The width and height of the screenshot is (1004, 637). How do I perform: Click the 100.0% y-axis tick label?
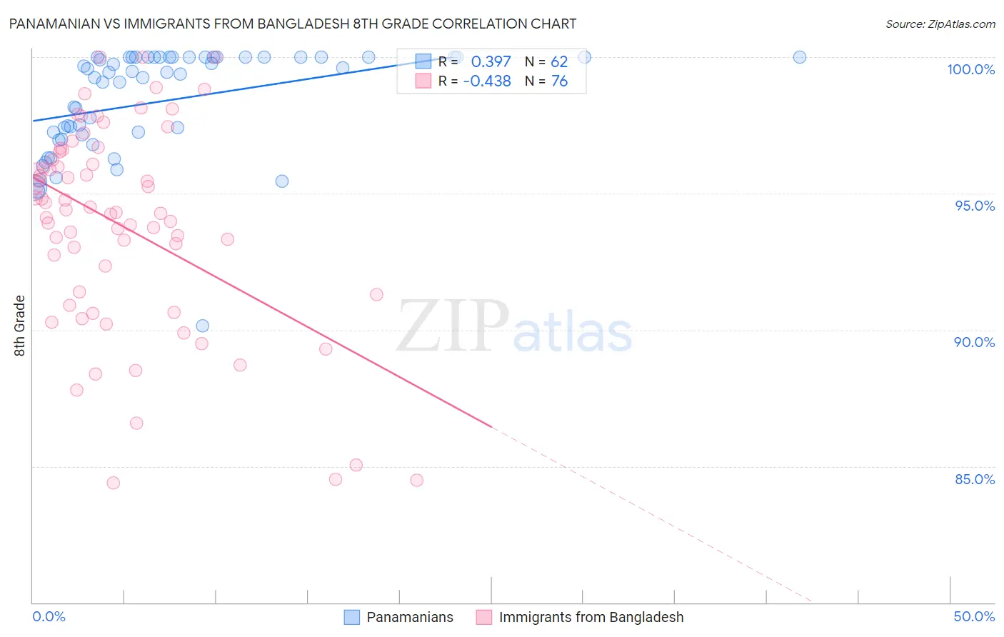pos(970,69)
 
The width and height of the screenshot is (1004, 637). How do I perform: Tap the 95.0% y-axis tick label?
pos(975,206)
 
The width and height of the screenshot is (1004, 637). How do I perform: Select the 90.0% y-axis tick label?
pos(974,342)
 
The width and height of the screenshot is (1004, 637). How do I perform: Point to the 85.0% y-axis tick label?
pos(975,479)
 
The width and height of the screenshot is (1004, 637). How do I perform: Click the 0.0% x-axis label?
pos(49,616)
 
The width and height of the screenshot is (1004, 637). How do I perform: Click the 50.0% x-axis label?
pos(974,616)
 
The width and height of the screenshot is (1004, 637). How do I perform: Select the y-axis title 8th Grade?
pos(20,326)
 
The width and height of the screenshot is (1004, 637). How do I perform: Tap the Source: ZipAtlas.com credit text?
pos(940,24)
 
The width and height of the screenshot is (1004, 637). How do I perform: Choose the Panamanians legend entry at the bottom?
pos(409,617)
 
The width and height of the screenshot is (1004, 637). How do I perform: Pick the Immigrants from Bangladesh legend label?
pos(591,617)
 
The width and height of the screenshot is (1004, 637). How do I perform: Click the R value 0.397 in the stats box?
pos(491,62)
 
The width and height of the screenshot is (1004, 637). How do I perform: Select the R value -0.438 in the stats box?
pos(487,81)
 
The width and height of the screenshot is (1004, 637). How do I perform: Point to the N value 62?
pos(558,62)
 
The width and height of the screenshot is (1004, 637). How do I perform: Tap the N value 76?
pos(559,81)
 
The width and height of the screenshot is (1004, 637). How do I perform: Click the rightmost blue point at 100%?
pos(800,57)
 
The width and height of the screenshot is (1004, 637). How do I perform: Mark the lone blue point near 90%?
pos(203,326)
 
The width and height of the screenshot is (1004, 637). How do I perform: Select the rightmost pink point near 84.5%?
pos(417,480)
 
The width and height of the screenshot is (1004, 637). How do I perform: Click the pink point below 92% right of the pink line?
pos(376,295)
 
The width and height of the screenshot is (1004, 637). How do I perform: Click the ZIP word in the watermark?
pos(453,326)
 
